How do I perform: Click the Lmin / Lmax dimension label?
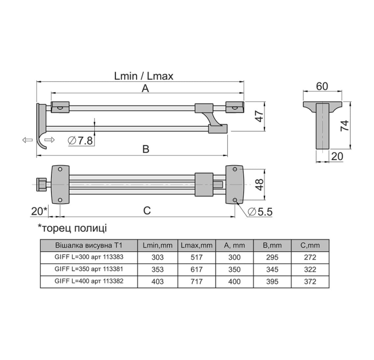143,76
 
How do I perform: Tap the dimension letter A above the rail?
145,88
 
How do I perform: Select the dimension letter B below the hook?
146,149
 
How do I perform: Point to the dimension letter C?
147,210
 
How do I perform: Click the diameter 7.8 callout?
80,140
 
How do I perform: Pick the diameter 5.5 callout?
260,212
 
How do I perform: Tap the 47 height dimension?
259,116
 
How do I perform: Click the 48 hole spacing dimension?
259,185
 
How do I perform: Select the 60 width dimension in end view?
322,87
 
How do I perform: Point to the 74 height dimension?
345,126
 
